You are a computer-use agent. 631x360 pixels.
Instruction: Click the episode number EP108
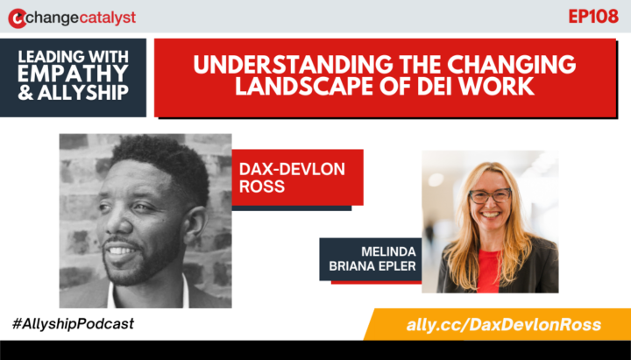click(593, 16)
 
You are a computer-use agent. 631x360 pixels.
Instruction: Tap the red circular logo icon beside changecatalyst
click(15, 18)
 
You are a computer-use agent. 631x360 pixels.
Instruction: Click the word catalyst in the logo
click(104, 18)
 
